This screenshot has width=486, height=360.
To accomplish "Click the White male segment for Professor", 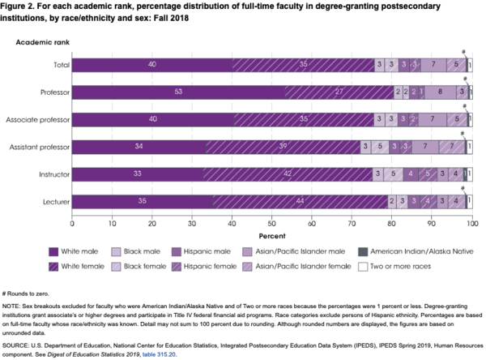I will [178, 92].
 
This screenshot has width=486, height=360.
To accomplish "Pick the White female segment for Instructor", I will [288, 174].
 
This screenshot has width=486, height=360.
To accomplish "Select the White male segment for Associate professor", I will [152, 119].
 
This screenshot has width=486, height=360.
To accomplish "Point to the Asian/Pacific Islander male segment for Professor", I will [440, 92].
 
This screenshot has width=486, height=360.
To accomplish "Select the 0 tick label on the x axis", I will [72, 223].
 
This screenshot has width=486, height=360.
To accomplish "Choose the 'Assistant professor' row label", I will [39, 147].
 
